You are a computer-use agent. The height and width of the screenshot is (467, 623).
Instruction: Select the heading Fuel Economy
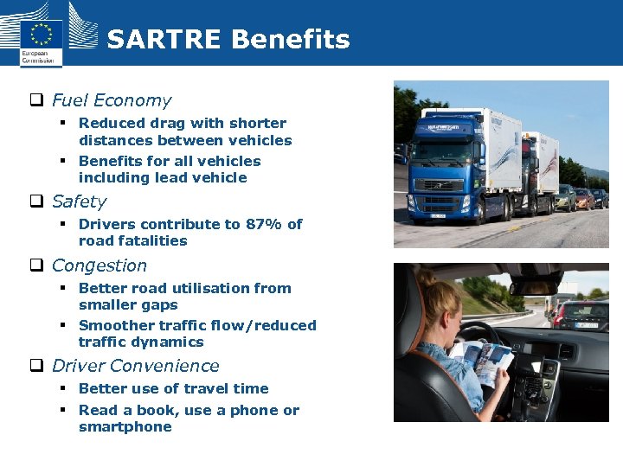[112, 100]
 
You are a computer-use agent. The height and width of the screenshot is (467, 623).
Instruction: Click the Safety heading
[79, 202]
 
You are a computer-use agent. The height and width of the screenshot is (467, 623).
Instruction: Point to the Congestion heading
[99, 265]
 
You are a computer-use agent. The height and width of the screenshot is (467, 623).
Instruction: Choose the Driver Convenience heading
[135, 366]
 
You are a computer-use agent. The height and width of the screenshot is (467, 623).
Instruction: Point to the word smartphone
[125, 426]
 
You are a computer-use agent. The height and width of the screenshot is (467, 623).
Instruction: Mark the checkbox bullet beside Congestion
[37, 266]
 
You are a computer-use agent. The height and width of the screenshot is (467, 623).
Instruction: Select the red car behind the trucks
[584, 199]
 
